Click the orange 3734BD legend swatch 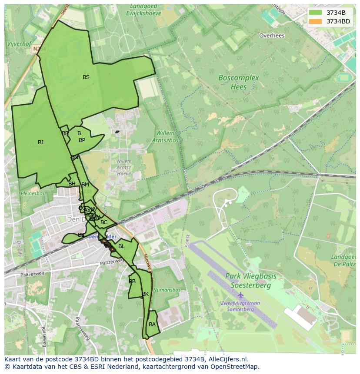pos(316,21)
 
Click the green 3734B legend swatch pos(316,13)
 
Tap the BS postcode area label pos(86,77)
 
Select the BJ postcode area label pos(40,142)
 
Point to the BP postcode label pos(82,140)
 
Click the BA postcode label pos(152,324)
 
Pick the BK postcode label pos(145,294)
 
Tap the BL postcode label pos(121,246)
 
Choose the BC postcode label pos(104,222)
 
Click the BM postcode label pos(85,185)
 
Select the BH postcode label pos(72,184)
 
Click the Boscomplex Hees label pos(238,82)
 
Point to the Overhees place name pos(272,36)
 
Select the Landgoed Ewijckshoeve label pos(143,10)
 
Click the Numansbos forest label pos(167,290)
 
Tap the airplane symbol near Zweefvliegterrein pos(240,295)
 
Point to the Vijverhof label pos(19,44)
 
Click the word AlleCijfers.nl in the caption pos(228,359)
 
